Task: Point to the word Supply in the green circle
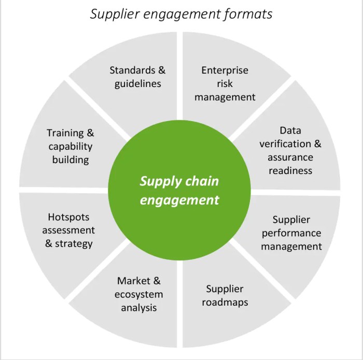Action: tap(158, 182)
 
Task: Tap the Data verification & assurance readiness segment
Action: tap(290, 150)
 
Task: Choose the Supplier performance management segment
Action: tap(291, 233)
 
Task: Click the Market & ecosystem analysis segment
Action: tap(138, 294)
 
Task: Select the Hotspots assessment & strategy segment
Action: tap(69, 230)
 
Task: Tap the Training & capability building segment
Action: tap(71, 147)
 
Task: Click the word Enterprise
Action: tap(225, 70)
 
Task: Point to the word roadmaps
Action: tap(225, 301)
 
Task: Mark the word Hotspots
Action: tap(69, 217)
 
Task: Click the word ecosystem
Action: tap(138, 294)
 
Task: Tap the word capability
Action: tap(71, 147)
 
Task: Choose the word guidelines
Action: tap(138, 83)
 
